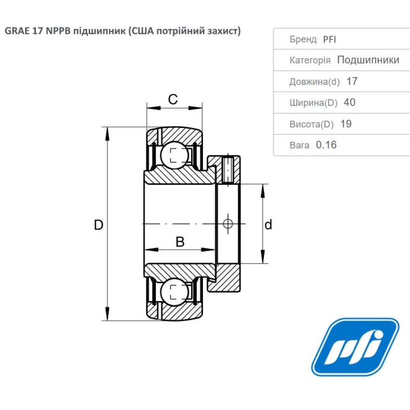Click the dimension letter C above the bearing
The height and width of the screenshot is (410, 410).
pyautogui.click(x=173, y=99)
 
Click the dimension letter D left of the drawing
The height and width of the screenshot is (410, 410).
pyautogui.click(x=98, y=225)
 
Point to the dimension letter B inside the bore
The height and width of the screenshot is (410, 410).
pyautogui.click(x=180, y=242)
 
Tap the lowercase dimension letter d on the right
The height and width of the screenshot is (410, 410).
pyautogui.click(x=268, y=225)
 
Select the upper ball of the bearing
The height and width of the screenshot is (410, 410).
pyautogui.click(x=175, y=155)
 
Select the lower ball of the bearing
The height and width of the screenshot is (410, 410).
pyautogui.click(x=175, y=292)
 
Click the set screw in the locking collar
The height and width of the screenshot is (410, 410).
pyautogui.click(x=228, y=169)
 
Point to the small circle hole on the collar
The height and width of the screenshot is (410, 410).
pyautogui.click(x=228, y=223)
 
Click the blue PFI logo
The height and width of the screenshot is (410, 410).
pyautogui.click(x=355, y=347)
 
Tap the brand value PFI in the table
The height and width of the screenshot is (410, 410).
pyautogui.click(x=330, y=39)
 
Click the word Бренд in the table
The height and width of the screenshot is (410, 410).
pyautogui.click(x=303, y=39)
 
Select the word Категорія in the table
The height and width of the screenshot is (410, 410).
pyautogui.click(x=310, y=60)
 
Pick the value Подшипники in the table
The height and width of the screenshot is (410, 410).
pyautogui.click(x=368, y=60)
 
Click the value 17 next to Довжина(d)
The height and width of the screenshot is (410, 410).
pyautogui.click(x=352, y=81)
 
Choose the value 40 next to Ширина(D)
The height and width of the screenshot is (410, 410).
pyautogui.click(x=349, y=102)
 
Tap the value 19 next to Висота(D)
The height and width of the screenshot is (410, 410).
pyautogui.click(x=346, y=124)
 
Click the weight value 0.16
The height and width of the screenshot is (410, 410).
pyautogui.click(x=326, y=145)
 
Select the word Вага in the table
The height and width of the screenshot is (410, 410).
pyautogui.click(x=299, y=145)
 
